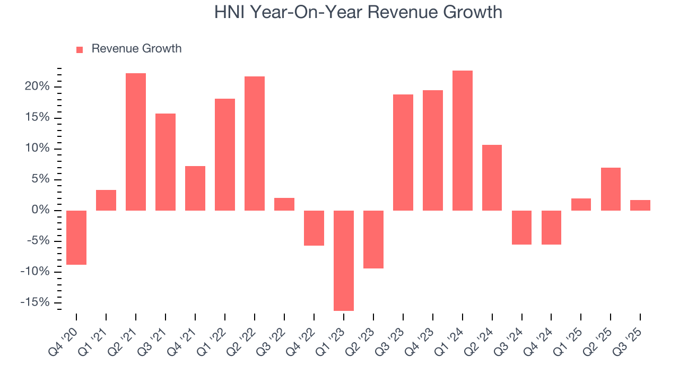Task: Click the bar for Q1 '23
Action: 344,260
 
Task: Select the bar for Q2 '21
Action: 136,142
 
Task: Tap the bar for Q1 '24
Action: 463,141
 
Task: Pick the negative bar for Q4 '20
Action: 76,237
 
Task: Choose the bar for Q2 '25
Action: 611,189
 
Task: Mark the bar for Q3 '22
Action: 284,204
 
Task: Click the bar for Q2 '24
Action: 492,178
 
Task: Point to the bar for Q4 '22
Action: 314,228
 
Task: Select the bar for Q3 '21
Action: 166,162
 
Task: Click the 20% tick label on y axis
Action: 37,86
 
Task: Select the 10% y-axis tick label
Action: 37,149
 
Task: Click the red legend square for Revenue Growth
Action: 80,49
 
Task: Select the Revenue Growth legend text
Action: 136,49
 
